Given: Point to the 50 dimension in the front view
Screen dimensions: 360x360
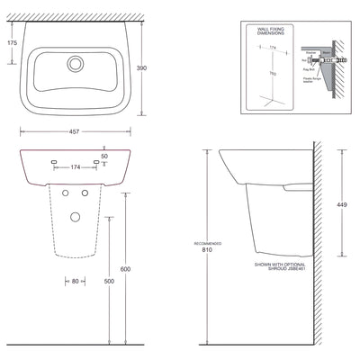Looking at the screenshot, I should coord(104,156).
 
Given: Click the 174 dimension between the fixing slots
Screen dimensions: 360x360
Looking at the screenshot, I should coord(76,166).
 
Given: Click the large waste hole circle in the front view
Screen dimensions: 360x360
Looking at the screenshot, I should coord(76,214).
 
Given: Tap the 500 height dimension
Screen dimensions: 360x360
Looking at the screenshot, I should coord(109,280).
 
